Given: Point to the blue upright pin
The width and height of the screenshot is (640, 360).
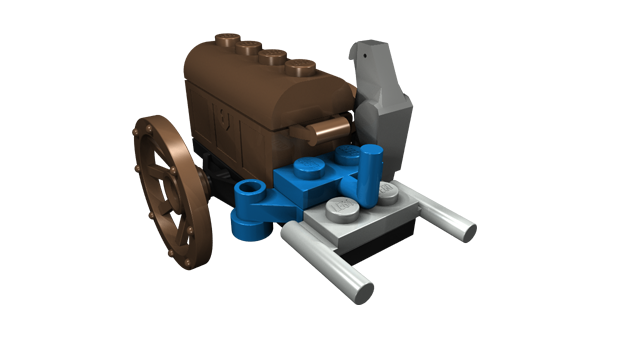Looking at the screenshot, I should coord(372,174).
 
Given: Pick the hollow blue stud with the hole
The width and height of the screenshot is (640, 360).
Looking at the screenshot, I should coord(250,190).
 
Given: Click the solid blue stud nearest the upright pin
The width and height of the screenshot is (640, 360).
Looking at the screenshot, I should coord(348,156).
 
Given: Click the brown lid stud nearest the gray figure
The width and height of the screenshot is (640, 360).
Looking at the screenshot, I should coord(300,68).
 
